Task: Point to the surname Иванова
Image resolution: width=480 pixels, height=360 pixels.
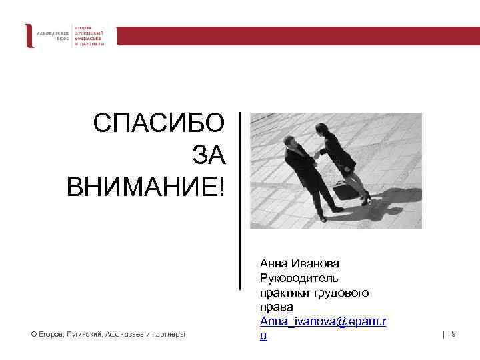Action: click(x=314, y=265)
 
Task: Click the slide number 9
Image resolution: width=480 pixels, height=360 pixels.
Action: click(x=453, y=333)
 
